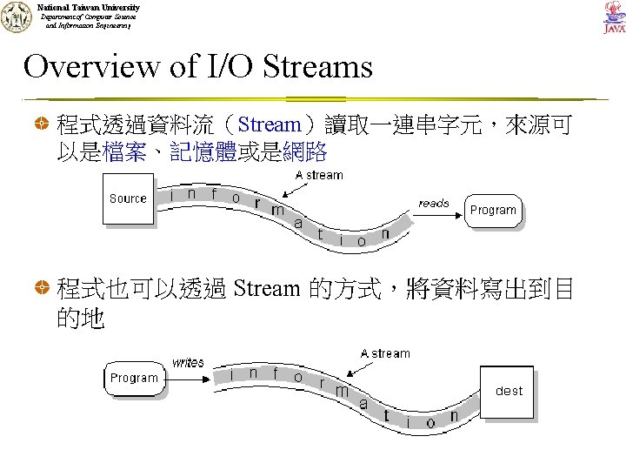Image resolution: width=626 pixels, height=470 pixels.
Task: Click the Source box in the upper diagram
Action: point(129,198)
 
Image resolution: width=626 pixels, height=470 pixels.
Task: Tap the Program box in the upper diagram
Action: point(493,210)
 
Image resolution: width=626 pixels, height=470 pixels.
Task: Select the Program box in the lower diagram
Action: point(134,378)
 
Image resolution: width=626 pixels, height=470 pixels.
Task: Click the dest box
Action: point(509,391)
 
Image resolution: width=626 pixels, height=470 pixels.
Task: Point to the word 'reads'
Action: point(434,203)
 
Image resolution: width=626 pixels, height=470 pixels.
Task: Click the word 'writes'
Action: point(188,362)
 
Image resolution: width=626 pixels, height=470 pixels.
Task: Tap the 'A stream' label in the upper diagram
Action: point(319,175)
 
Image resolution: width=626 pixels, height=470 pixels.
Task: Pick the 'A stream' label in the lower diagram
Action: point(385,353)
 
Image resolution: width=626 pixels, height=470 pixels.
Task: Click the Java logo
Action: point(614,17)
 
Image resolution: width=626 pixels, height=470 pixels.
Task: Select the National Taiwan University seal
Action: point(15,17)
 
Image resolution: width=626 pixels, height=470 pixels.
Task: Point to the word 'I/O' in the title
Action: point(228,67)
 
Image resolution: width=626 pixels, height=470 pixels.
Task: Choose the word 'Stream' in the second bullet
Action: point(267,289)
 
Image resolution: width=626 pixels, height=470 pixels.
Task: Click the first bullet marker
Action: point(42,126)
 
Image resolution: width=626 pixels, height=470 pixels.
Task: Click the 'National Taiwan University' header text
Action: point(88,8)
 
